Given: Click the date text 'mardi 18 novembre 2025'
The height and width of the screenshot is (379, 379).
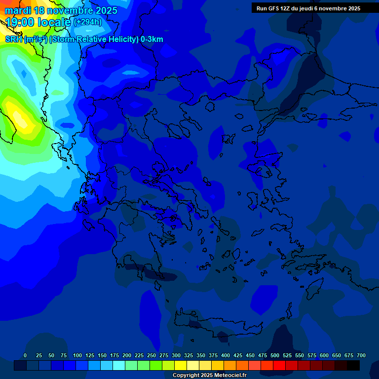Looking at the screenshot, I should click(x=61, y=10).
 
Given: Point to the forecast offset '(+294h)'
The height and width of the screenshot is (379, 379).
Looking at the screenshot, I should click(x=87, y=22).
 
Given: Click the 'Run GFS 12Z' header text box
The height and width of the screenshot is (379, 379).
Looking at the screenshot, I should click(x=308, y=8).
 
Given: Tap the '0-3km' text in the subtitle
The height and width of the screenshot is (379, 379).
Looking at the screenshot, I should click(x=152, y=39).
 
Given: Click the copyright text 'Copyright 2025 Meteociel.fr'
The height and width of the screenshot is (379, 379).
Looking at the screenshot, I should click(x=209, y=376).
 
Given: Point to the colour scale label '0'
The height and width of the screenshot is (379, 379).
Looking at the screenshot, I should click(x=25, y=355).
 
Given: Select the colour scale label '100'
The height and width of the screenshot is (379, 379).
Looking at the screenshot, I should click(x=77, y=355).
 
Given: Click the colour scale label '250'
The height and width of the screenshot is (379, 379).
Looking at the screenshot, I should click(x=152, y=355).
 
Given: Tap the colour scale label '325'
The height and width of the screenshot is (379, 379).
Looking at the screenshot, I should click(x=189, y=355).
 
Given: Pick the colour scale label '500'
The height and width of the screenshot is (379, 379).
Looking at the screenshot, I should click(x=275, y=355).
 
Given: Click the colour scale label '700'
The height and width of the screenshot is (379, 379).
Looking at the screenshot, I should click(x=361, y=355).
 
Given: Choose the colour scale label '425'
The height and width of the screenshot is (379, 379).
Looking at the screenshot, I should click(x=238, y=355).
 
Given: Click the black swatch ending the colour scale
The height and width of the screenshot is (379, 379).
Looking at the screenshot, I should click(x=353, y=365).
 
